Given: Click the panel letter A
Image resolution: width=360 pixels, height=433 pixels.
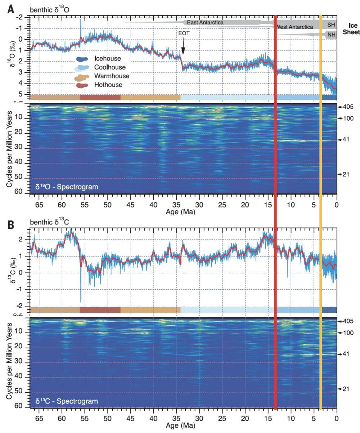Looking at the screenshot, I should click(11, 8).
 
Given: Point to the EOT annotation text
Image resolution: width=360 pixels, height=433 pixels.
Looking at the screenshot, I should click(184, 33).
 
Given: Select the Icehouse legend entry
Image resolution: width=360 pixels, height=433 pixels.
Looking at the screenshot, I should click(107, 59).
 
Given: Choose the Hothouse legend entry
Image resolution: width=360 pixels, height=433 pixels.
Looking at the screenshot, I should click(108, 85).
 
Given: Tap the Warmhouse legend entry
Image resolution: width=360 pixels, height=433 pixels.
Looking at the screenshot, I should click(111, 76).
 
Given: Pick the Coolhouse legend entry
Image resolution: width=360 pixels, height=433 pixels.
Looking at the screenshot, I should click(110, 67).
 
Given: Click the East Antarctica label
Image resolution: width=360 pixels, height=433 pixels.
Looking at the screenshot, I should click(205, 23).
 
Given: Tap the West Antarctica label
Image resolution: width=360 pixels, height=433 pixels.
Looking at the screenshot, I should click(294, 27).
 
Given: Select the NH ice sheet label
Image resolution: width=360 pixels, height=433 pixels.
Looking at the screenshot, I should click(331, 35).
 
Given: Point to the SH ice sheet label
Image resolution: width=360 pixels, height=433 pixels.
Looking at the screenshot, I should click(331, 24).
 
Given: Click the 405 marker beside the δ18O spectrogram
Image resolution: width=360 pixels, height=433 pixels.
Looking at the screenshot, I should click(348, 107).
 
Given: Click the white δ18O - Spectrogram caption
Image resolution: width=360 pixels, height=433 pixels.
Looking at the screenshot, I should click(67, 187).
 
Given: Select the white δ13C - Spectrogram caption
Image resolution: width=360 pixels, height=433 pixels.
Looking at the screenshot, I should click(67, 401).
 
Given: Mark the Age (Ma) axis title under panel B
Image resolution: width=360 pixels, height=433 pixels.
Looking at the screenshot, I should click(181, 425).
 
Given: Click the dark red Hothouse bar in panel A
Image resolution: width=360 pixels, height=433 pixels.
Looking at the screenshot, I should click(100, 97).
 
